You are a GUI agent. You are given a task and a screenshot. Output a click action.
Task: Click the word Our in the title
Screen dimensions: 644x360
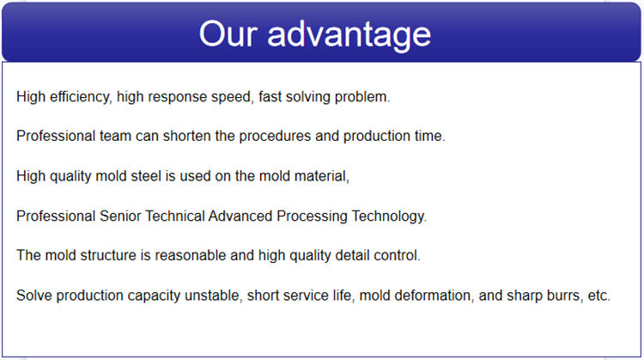[228, 34]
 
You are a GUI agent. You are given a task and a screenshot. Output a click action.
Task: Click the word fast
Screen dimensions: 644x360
[270, 97]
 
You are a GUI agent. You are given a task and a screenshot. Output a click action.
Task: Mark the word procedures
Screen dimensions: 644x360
[275, 137]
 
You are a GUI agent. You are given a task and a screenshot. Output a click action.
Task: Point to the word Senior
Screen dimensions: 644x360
[120, 216]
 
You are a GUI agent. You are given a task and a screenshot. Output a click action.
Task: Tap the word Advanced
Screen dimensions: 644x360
[240, 216]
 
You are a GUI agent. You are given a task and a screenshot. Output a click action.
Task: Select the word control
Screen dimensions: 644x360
[397, 255]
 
